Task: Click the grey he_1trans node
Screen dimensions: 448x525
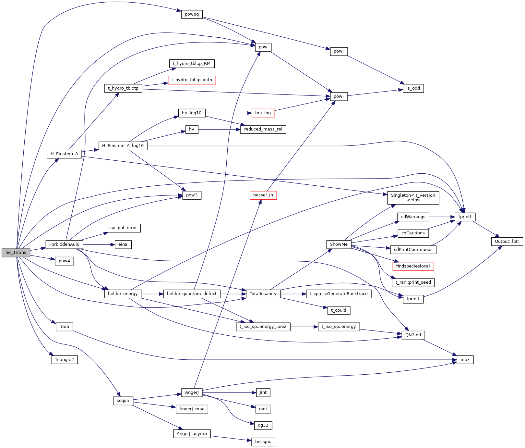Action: [16, 253]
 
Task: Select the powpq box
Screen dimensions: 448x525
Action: [192, 14]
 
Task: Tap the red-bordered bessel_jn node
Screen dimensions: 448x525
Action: [263, 195]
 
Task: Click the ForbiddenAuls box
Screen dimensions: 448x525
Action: [64, 244]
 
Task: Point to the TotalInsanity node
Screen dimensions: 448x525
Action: [263, 294]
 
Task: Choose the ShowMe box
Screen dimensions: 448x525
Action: [339, 244]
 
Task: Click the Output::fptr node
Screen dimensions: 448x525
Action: [507, 241]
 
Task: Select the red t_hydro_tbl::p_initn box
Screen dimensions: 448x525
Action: [192, 80]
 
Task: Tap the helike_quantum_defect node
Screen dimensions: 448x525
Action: [192, 294]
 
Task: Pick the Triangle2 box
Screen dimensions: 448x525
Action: [64, 360]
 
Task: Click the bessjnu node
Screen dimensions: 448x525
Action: [263, 442]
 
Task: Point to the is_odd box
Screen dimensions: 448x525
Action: [413, 88]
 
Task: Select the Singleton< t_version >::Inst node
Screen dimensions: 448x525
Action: [413, 198]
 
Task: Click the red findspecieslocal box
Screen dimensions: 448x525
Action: [413, 266]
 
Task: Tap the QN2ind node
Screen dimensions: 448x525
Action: [413, 335]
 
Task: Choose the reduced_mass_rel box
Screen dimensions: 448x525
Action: [263, 129]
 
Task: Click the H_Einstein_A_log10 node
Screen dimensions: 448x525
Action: [123, 146]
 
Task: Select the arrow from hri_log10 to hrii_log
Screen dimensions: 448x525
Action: [228, 113]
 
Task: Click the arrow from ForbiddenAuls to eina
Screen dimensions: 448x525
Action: [99, 244]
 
